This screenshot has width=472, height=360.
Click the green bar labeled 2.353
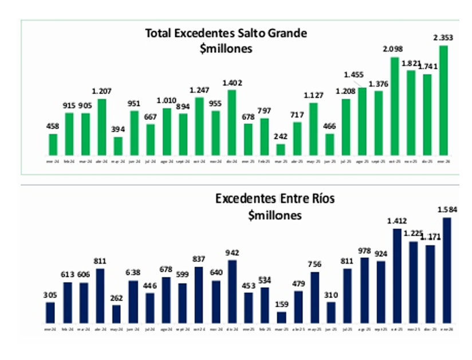coord(443,100)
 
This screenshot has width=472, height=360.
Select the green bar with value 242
coord(281,150)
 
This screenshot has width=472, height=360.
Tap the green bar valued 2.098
coord(395,106)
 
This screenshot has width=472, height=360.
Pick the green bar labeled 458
coord(53,144)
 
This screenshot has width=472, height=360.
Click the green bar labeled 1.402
coord(232,122)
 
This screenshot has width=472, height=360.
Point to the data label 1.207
coord(102,91)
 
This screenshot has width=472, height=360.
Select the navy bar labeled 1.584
coord(447,270)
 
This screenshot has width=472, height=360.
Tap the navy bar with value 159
coord(281,317)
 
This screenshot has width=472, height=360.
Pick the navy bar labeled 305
coord(50,312)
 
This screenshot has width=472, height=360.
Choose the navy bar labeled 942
coord(232,291)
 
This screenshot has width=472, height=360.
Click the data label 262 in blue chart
coord(116,297)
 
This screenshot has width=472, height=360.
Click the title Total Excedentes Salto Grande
coord(226,33)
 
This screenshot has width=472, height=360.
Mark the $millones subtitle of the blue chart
coord(275,216)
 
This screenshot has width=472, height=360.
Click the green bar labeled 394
coord(118,146)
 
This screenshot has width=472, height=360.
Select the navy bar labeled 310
coord(331,312)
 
